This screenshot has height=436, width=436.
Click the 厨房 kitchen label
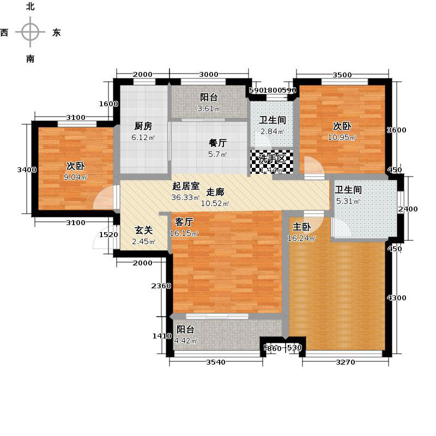click(143, 126)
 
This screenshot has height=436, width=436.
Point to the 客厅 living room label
click(185, 222)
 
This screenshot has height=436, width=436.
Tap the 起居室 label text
click(185, 185)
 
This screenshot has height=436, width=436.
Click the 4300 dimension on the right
click(396, 298)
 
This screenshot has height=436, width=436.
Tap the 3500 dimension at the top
click(342, 75)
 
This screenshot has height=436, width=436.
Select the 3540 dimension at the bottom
click(216, 362)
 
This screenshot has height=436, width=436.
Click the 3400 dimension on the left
click(26, 170)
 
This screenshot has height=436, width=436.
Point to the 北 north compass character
click(31, 7)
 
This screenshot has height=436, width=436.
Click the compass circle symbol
click(31, 32)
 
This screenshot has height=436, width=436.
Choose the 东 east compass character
click(56, 33)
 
